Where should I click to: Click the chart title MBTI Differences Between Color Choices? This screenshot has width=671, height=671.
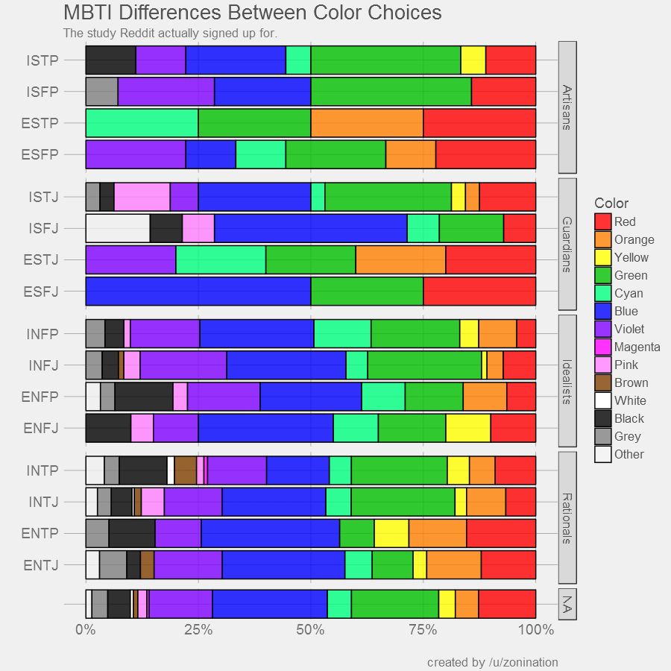pyautogui.click(x=252, y=13)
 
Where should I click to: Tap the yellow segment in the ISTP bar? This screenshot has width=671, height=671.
pyautogui.click(x=473, y=60)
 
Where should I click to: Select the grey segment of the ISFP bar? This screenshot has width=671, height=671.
pyautogui.click(x=101, y=91)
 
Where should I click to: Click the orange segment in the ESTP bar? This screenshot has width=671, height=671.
pyautogui.click(x=367, y=122)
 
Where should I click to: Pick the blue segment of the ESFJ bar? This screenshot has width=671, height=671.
pyautogui.click(x=198, y=291)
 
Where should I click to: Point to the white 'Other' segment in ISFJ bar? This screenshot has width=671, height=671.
pyautogui.click(x=117, y=228)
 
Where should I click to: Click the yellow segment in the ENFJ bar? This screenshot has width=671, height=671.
pyautogui.click(x=467, y=428)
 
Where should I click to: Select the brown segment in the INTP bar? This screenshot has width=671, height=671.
pyautogui.click(x=185, y=470)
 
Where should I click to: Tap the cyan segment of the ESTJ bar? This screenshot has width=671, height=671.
pyautogui.click(x=221, y=259)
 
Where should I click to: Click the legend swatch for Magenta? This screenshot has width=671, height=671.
pyautogui.click(x=602, y=347)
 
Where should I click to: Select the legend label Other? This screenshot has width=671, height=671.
pyautogui.click(x=629, y=454)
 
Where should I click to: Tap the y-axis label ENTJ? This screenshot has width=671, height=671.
pyautogui.click(x=41, y=564)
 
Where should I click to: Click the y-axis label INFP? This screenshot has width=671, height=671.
pyautogui.click(x=43, y=333)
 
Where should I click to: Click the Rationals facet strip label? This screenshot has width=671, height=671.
pyautogui.click(x=567, y=517)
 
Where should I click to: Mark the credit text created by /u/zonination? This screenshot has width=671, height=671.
pyautogui.click(x=492, y=662)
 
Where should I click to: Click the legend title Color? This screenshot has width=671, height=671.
pyautogui.click(x=611, y=204)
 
